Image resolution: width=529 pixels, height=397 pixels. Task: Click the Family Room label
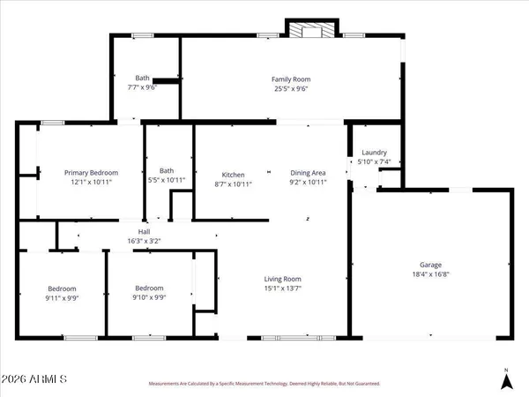point(292,79)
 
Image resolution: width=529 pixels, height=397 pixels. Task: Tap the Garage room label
point(430,265)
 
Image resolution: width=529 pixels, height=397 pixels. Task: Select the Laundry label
point(375,153)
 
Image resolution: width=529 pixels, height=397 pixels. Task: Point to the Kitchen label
point(233,174)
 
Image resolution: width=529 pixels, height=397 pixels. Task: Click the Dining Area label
point(308,173)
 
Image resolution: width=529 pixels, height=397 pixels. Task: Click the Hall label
point(144,232)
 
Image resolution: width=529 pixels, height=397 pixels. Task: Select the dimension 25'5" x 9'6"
point(292,88)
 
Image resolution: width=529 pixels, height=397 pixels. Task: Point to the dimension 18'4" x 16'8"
point(430,274)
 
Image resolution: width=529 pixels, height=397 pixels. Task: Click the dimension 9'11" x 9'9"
point(62,298)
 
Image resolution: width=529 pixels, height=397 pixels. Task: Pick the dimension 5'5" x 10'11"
point(167,180)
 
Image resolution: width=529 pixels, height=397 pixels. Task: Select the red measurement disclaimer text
point(263,384)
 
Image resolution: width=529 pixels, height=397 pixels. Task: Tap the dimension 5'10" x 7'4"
point(375,161)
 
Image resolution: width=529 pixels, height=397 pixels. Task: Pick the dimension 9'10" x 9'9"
point(149,298)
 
